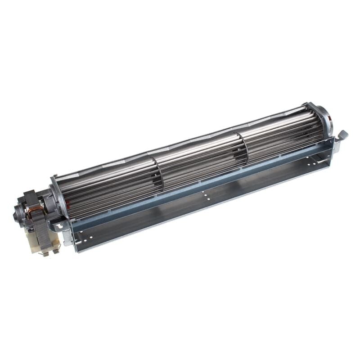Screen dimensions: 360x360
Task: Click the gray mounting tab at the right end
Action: pyautogui.click(x=342, y=134)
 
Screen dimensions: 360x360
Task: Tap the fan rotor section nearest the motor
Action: pyautogui.click(x=108, y=189)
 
